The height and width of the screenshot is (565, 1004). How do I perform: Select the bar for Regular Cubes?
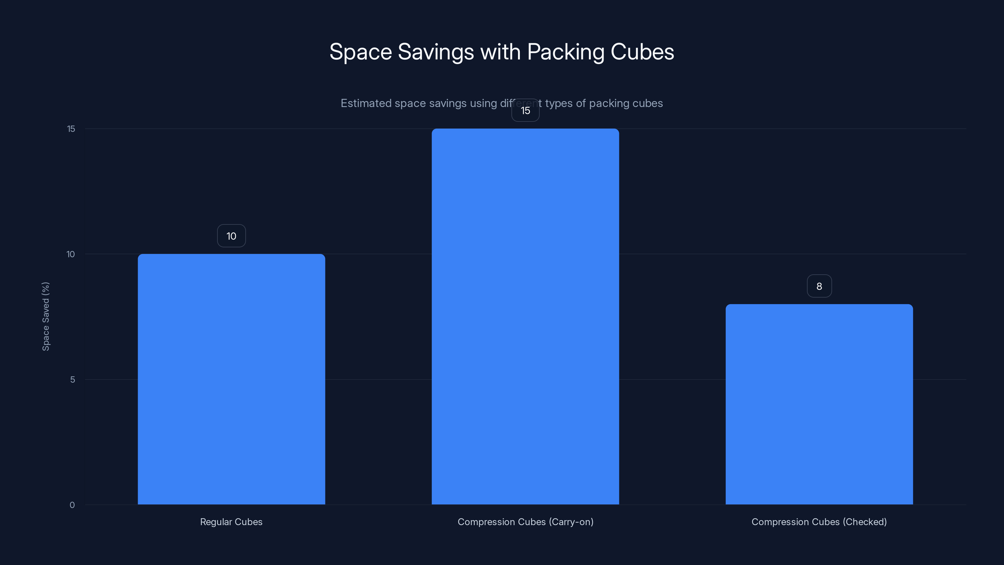[x=231, y=379]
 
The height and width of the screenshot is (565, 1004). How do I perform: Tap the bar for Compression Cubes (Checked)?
[x=819, y=404]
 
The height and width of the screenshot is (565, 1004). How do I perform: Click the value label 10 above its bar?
[x=231, y=236]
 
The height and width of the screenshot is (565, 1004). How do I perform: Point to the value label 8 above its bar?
[x=819, y=286]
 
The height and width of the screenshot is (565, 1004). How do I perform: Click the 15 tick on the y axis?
[x=71, y=129]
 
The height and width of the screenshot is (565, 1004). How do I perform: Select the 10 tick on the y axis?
[x=71, y=254]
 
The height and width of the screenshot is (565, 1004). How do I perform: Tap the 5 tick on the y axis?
[x=72, y=380]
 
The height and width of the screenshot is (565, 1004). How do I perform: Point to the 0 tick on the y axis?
[x=72, y=505]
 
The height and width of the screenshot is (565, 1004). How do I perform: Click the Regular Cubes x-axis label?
[x=231, y=522]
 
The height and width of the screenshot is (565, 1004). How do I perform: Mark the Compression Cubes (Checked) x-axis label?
[x=819, y=522]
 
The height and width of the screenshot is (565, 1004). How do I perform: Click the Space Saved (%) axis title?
[x=45, y=316]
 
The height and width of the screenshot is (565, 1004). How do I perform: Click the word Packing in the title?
[x=565, y=52]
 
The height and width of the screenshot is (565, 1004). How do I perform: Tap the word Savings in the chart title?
[x=435, y=52]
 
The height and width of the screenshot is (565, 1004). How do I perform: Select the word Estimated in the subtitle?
[x=366, y=103]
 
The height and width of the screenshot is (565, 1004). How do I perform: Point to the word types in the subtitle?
[x=559, y=104]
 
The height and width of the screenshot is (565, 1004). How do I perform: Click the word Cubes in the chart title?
[x=642, y=52]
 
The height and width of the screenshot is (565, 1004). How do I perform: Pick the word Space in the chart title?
[x=360, y=52]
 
